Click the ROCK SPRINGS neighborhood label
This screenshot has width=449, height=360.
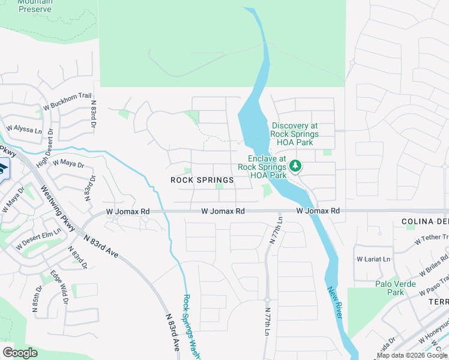click(x=202, y=180)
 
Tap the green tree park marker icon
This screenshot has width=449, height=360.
click(x=295, y=165)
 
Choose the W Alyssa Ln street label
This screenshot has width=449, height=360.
click(x=24, y=128)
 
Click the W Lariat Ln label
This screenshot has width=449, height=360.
click(x=373, y=259)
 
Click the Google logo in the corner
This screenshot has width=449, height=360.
click(x=20, y=353)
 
